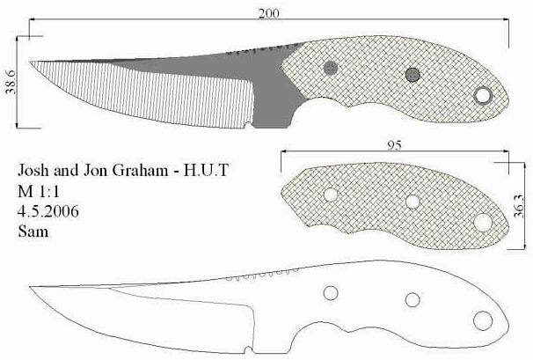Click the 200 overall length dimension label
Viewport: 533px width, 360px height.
268,13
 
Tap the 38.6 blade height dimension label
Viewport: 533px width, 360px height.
11,83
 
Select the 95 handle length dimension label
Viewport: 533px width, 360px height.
394,145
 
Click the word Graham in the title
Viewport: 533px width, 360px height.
140,170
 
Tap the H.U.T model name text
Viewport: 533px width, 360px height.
206,170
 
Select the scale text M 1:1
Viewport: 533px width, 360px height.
39,192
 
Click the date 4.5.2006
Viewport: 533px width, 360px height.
47,211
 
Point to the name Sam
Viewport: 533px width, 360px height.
33,231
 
